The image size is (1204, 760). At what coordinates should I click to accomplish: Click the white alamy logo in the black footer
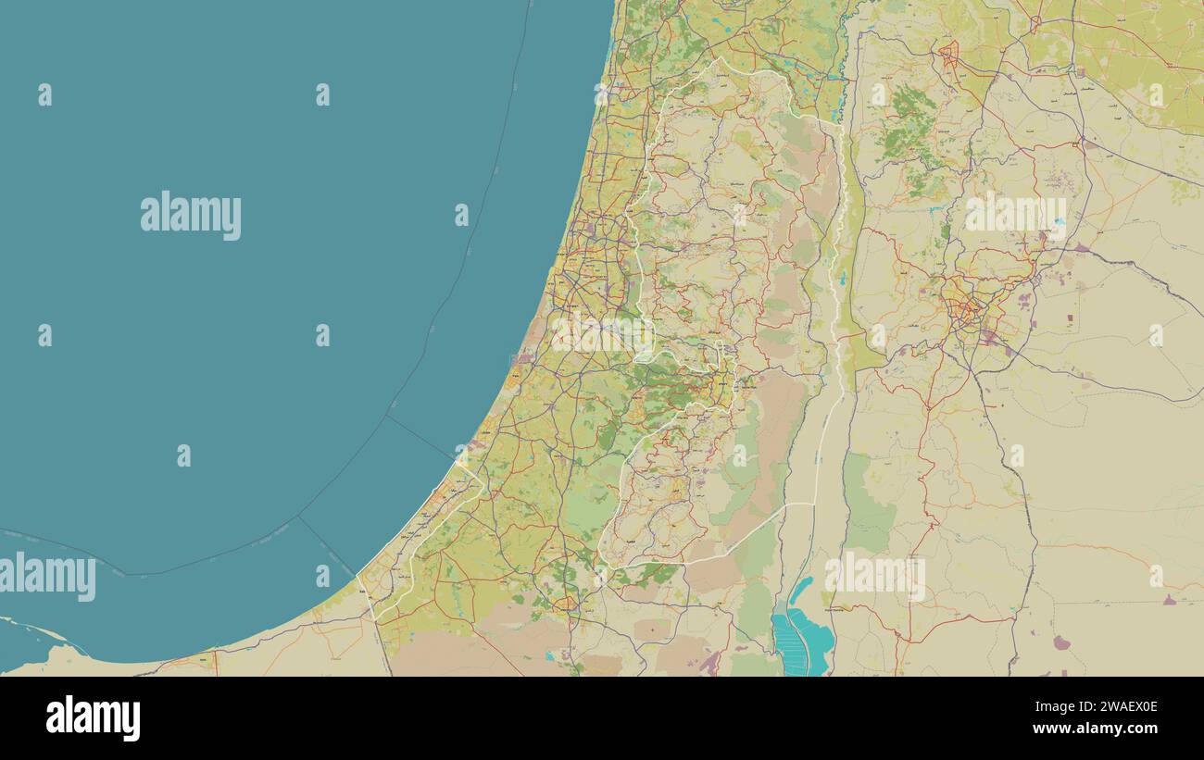point(93,718)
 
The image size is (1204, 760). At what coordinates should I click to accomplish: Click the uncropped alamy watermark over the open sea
point(191,216)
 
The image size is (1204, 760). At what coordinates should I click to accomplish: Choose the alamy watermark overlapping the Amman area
point(1015,216)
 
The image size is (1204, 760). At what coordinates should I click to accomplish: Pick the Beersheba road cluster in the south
point(565,606)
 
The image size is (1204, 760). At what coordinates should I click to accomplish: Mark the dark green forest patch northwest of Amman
point(903,130)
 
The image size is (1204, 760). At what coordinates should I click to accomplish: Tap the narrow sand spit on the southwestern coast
point(37,629)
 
